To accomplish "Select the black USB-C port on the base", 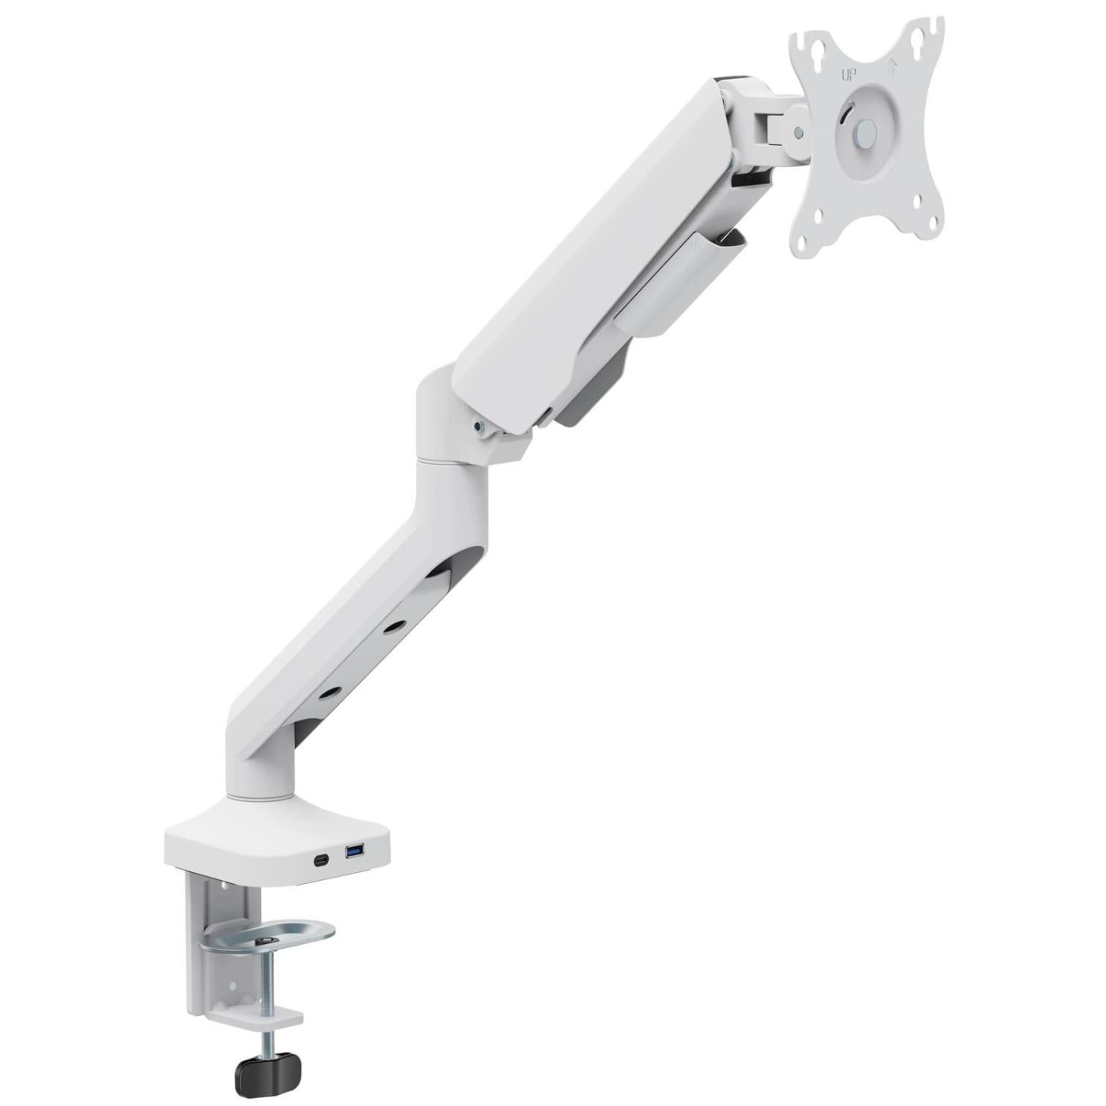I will (x=322, y=860).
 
